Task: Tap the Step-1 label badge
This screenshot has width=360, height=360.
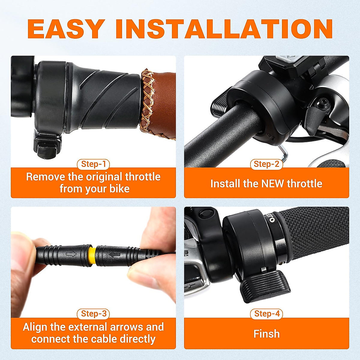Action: [x=94, y=164]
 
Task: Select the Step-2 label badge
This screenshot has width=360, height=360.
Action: [x=266, y=164]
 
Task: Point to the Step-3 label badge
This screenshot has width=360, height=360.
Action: [x=94, y=314]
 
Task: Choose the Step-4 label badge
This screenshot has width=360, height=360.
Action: [x=267, y=314]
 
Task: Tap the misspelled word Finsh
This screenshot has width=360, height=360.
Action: [x=266, y=334]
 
